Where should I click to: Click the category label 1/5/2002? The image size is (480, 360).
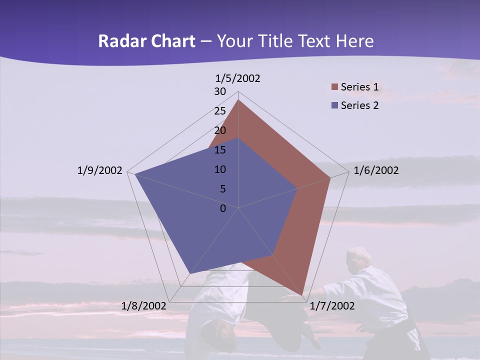pos(238,78)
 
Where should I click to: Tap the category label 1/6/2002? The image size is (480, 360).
pos(376,170)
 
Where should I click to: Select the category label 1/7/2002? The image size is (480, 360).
pos(332,305)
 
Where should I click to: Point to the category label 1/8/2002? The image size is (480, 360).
pos(143,305)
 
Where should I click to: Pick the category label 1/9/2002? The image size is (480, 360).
pos(99,170)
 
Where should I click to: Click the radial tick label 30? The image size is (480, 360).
pos(220,91)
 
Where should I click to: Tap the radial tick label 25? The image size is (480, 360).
pos(220,111)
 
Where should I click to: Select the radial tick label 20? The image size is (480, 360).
pos(220,130)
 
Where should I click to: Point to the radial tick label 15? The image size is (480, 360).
pos(220,150)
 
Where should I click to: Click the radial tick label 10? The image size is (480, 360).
pos(220,169)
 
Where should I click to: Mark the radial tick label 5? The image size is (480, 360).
pos(222,189)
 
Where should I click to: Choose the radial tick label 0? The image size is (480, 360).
pos(223,208)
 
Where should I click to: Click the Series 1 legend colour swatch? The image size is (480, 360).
pos(334,87)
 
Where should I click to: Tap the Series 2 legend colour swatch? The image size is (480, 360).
pos(334,105)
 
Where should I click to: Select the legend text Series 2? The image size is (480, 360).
pos(359,105)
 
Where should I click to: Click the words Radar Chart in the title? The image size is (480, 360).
pos(146,41)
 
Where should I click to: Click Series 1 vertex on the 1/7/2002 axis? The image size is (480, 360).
pos(303,295)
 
